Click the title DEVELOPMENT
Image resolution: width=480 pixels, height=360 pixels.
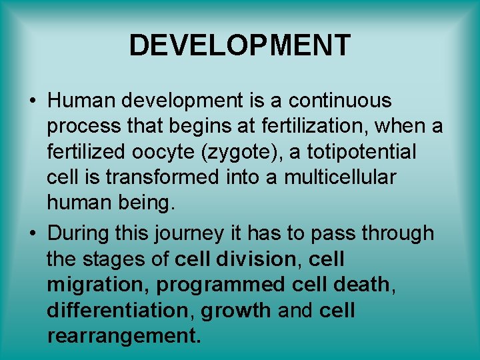pos(239,45)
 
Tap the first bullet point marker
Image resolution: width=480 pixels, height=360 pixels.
pos(32,102)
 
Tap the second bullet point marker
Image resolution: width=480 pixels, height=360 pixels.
pos(32,234)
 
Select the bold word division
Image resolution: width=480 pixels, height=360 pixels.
pos(260,259)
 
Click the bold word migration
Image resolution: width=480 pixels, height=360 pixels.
pos(99,285)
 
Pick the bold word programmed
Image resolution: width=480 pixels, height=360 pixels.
pos(221,285)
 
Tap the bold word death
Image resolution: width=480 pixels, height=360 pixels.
pos(361,285)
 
